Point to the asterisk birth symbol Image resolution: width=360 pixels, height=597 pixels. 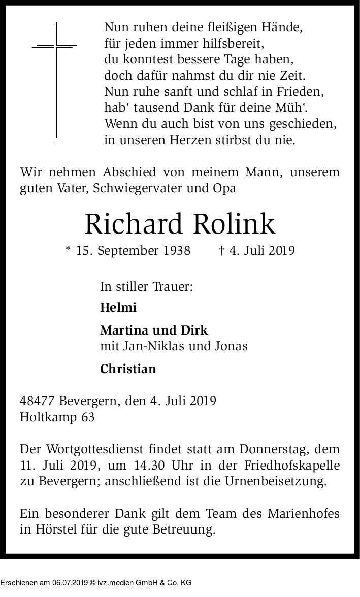click(68, 250)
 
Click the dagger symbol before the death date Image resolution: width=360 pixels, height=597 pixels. click(221, 251)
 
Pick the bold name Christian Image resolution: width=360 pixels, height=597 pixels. click(128, 369)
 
